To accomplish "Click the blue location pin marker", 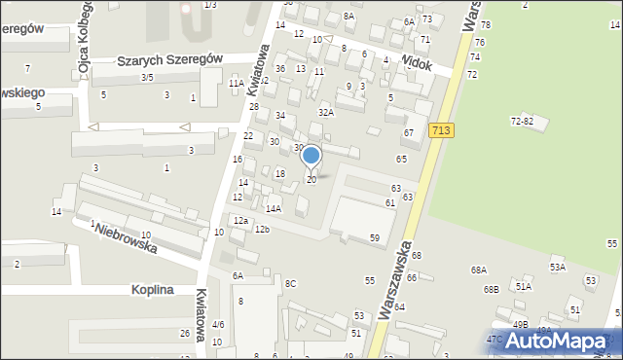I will (311, 156).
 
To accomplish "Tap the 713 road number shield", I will (441, 129).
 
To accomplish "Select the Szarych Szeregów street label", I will (169, 59).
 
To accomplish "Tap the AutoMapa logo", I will (556, 342).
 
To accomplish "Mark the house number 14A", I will (274, 208).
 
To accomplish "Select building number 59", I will (374, 237).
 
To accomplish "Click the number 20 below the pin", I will (311, 180).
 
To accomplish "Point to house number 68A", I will (478, 270).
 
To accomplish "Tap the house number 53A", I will (557, 266).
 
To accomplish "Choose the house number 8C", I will (290, 283).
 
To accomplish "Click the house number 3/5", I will (147, 77).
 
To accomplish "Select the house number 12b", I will (262, 229).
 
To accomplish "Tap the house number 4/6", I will (218, 324).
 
